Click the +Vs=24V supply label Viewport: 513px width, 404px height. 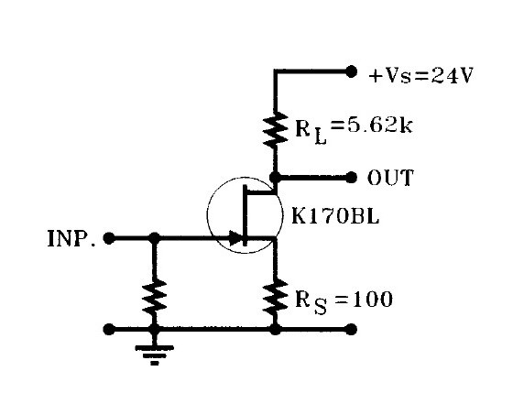(420, 76)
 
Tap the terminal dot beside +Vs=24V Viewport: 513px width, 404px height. (351, 70)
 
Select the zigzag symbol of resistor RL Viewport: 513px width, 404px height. (274, 129)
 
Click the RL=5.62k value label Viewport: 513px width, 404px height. (353, 126)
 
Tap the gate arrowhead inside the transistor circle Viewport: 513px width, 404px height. (236, 238)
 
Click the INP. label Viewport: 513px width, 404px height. (71, 239)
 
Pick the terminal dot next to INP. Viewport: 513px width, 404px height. (109, 238)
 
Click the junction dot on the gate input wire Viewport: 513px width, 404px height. (154, 238)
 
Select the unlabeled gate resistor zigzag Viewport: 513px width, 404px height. (154, 297)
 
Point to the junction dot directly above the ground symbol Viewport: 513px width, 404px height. (154, 328)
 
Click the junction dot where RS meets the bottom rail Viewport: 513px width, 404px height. (274, 328)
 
